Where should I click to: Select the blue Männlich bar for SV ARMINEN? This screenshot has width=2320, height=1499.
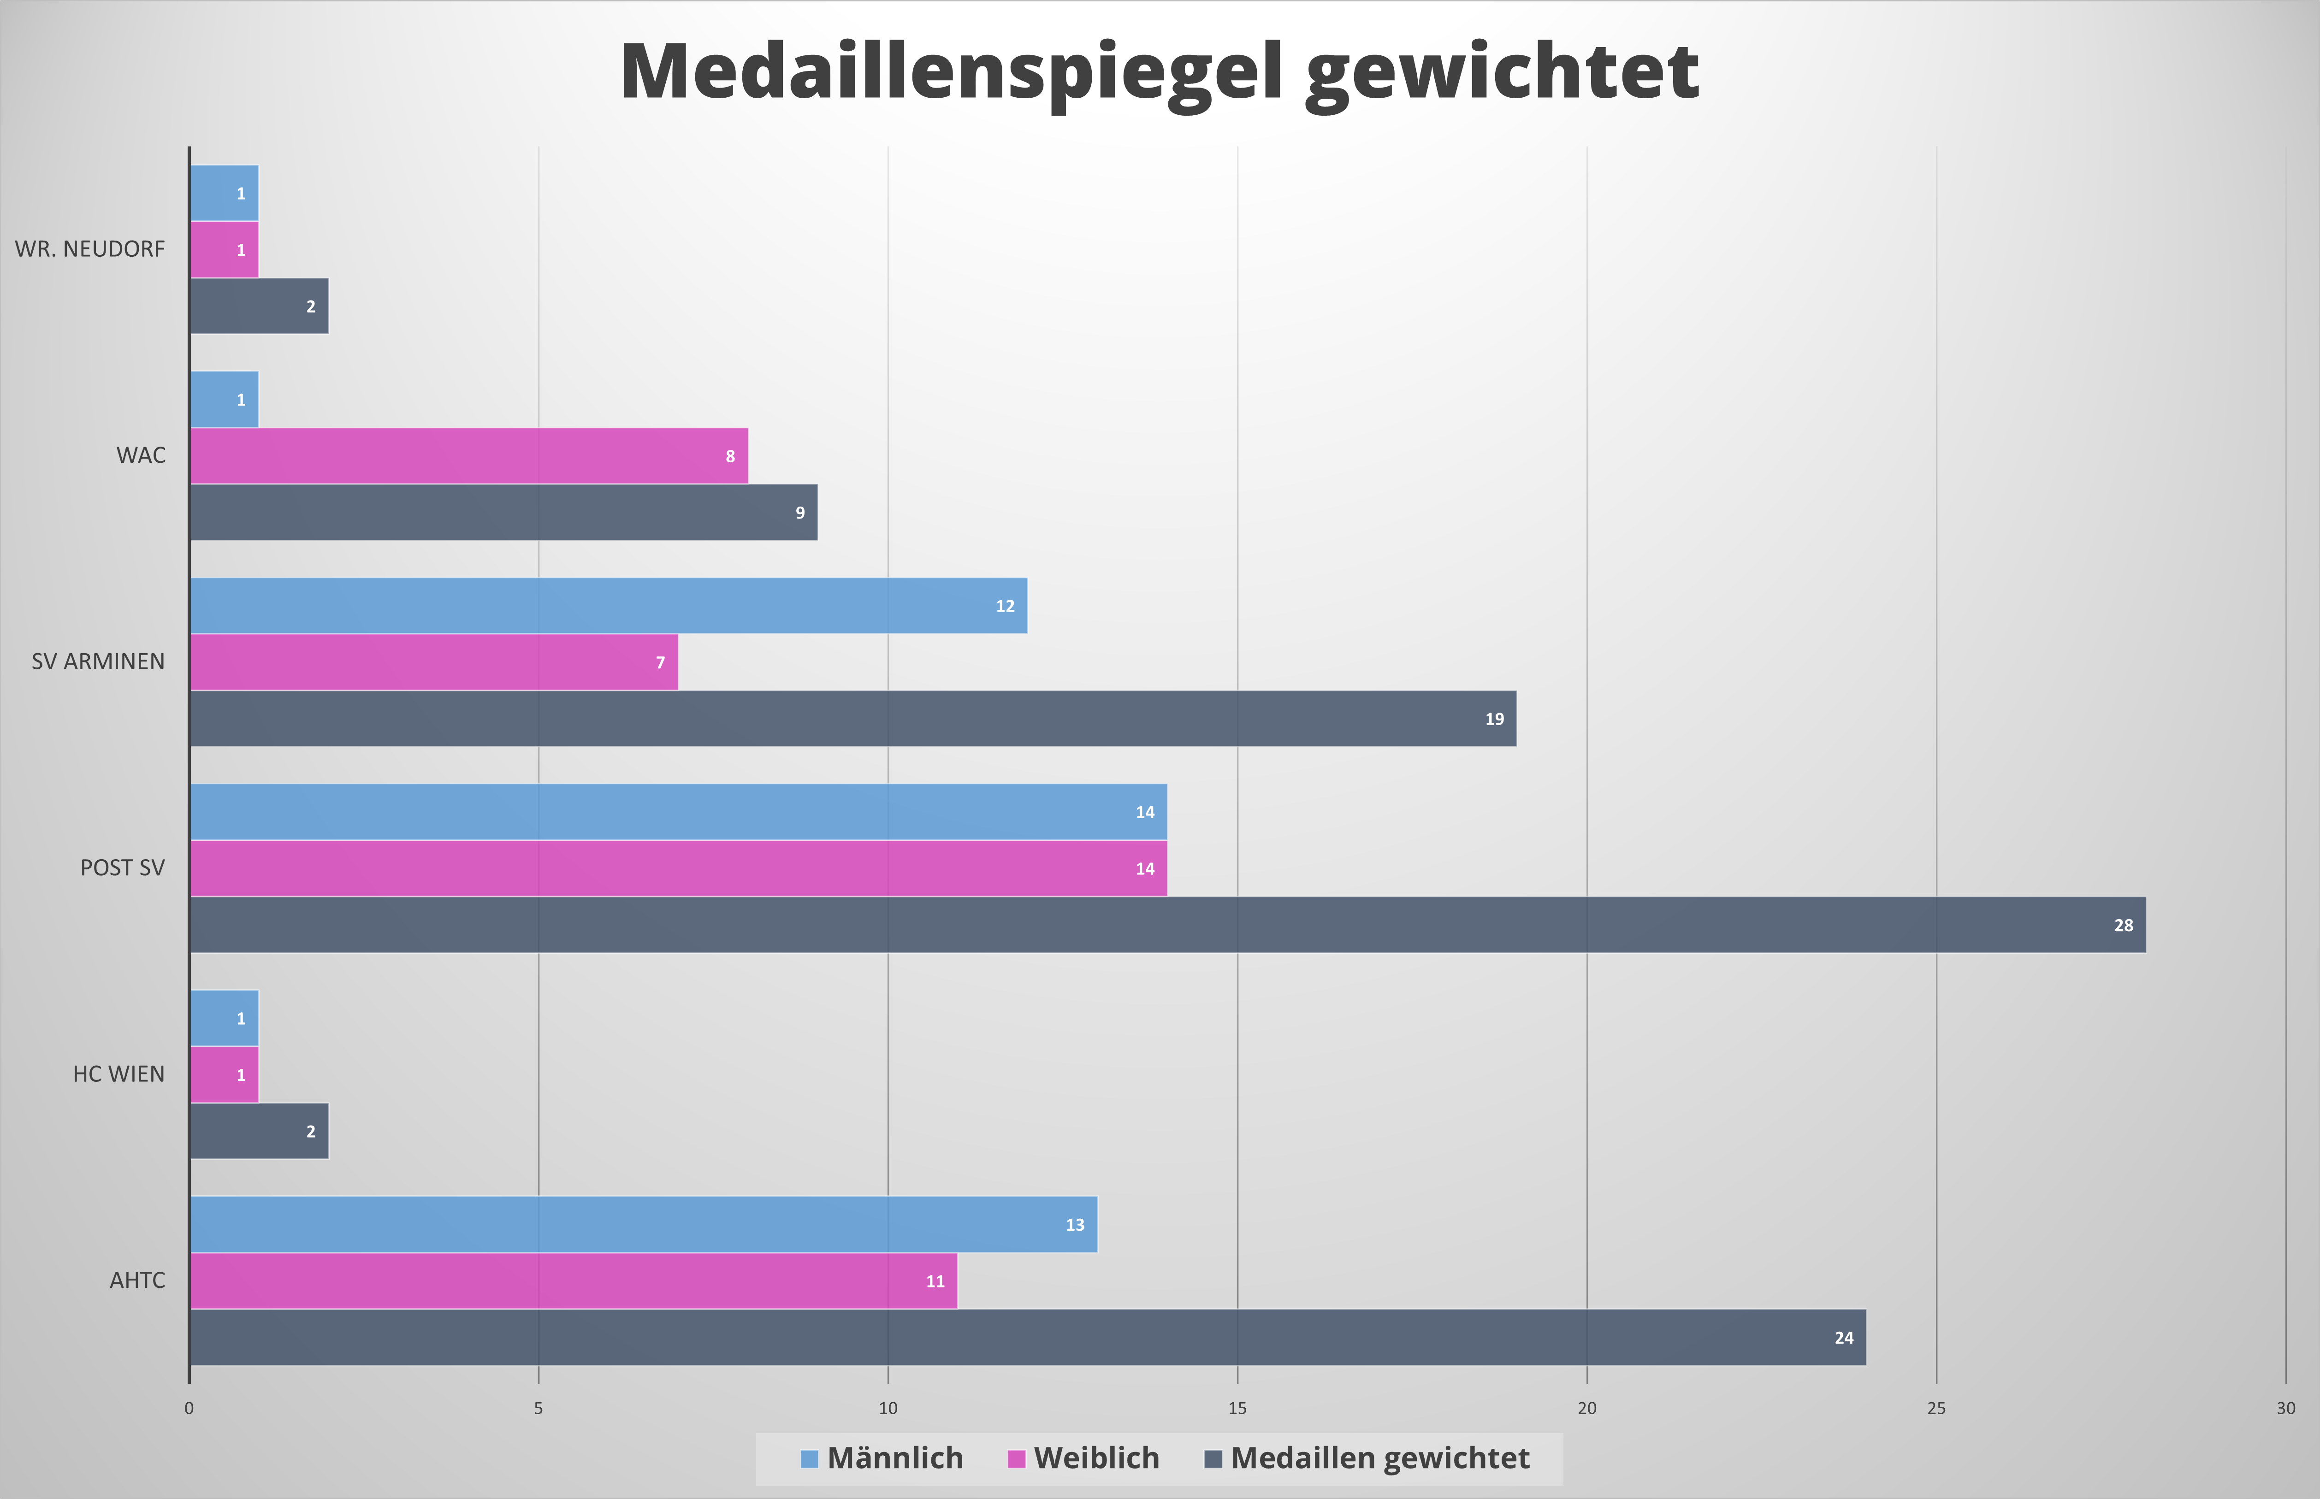click(x=609, y=605)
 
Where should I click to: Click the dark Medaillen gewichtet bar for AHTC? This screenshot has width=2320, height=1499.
click(x=1027, y=1337)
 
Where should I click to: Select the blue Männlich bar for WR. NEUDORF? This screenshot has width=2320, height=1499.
click(x=224, y=193)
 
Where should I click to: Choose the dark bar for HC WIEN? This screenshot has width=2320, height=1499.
click(x=259, y=1131)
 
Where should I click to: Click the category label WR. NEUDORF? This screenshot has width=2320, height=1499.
click(x=89, y=249)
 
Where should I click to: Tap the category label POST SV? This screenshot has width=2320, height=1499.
click(x=123, y=868)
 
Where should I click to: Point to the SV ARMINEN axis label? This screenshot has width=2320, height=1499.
click(x=98, y=662)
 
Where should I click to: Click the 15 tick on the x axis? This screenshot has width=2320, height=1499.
click(x=1237, y=1409)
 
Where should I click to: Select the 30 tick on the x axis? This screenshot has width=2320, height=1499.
click(x=2285, y=1409)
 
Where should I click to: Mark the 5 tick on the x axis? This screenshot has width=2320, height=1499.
click(x=539, y=1409)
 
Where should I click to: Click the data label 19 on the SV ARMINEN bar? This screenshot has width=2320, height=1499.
click(x=1494, y=720)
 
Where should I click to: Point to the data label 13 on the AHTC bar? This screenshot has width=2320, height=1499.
click(x=1075, y=1225)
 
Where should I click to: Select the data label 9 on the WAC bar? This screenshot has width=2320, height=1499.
click(x=800, y=513)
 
